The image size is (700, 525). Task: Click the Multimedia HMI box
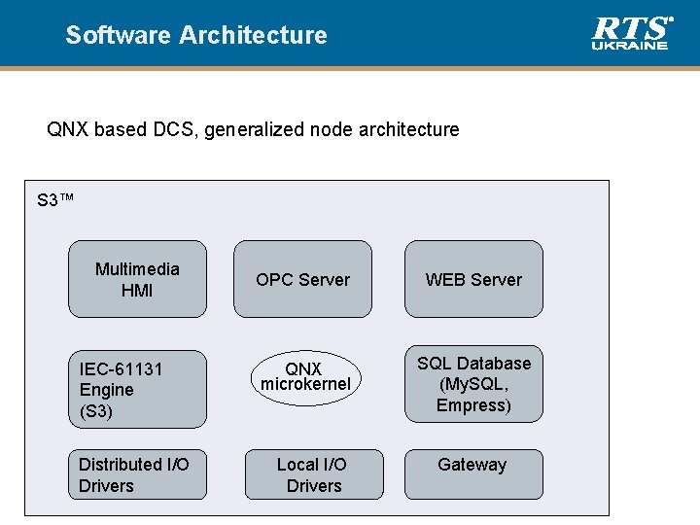[x=137, y=279]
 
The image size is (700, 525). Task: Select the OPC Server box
[x=302, y=279]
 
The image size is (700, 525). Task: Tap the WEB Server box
[x=473, y=279]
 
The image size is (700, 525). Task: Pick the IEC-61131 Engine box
[x=137, y=389]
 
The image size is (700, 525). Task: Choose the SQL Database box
[x=473, y=384]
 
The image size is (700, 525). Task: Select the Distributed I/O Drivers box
[x=137, y=474]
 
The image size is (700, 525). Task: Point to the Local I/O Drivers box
[x=313, y=474]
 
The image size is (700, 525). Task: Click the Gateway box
[x=473, y=474]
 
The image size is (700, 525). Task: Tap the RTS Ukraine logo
[x=632, y=32]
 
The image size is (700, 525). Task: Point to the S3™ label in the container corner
[x=55, y=201]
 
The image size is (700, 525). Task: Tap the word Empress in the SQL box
[x=473, y=405]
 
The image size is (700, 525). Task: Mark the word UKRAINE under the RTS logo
[x=631, y=45]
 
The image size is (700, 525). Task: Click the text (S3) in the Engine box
[x=96, y=411]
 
